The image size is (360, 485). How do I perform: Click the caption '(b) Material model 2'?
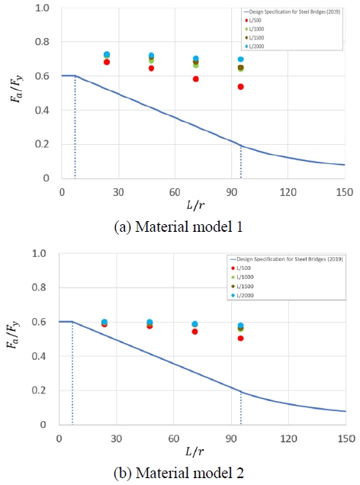(180, 473)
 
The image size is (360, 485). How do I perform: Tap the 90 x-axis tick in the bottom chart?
(230, 439)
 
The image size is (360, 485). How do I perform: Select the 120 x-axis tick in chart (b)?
(288, 439)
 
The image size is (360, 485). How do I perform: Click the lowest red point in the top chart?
(241, 87)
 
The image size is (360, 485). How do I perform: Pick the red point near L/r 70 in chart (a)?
(196, 79)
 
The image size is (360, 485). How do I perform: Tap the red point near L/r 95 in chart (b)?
(241, 338)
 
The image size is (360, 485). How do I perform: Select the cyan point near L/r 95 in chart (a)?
(241, 59)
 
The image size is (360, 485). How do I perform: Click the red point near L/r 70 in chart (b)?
(194, 332)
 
